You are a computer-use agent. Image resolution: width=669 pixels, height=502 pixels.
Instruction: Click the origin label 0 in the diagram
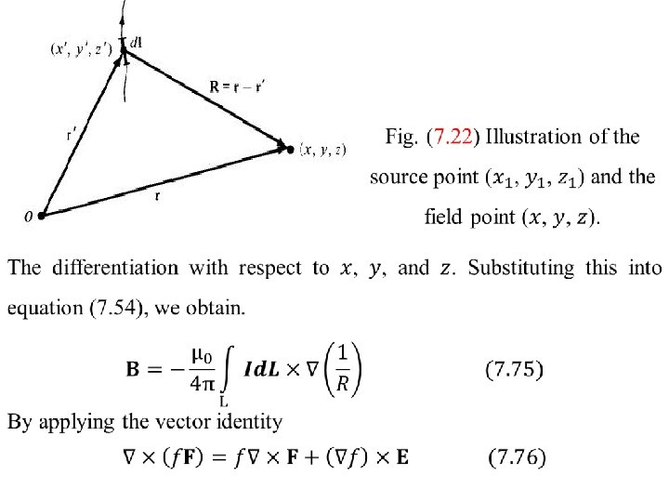28,217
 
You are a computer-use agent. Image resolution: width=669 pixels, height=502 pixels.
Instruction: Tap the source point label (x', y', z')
81,49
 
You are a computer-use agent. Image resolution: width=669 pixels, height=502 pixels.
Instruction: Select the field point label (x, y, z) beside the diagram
322,149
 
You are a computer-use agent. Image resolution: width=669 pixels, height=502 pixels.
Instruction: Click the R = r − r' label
238,87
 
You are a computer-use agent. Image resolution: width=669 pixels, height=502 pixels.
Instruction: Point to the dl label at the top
135,42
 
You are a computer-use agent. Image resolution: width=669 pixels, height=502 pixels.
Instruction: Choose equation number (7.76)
517,457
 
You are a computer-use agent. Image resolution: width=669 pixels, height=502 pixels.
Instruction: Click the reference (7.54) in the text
111,308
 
